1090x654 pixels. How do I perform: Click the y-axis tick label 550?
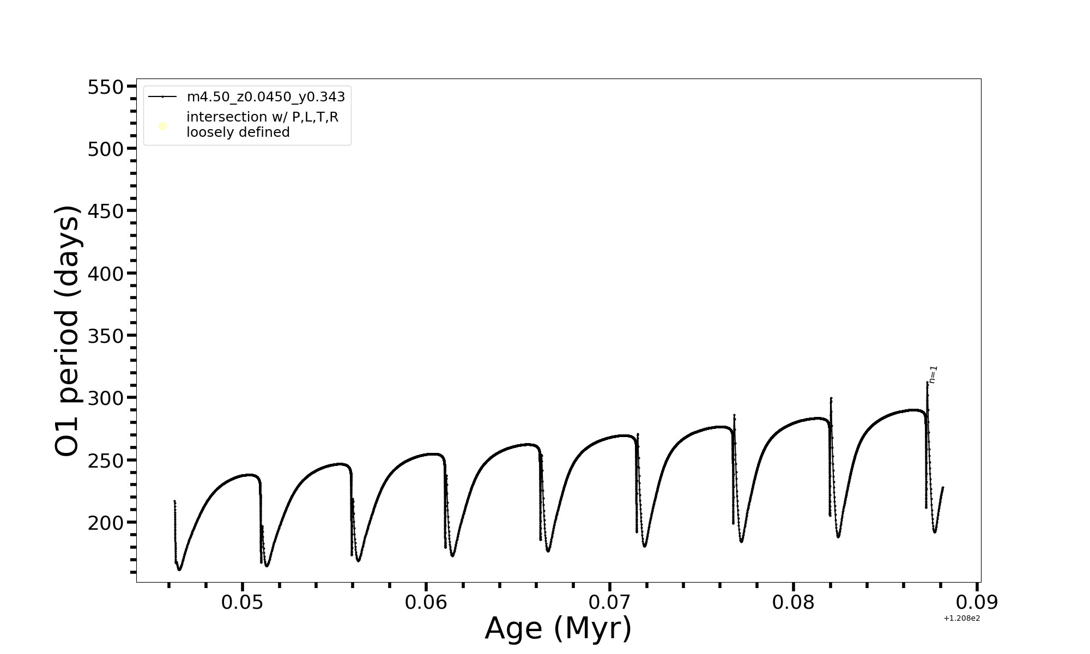(x=106, y=87)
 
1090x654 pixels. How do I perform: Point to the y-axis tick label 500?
(x=106, y=149)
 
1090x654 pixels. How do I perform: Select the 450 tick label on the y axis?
(x=106, y=211)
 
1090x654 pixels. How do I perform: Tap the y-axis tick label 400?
(x=106, y=274)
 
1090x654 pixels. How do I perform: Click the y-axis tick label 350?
(x=106, y=336)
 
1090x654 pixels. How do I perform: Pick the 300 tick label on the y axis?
(x=106, y=398)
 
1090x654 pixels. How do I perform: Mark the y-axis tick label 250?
(x=106, y=461)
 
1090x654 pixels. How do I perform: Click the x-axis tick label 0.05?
(x=242, y=603)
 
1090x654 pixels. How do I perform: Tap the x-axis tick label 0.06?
(x=426, y=603)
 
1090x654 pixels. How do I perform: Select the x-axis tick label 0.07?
(x=609, y=603)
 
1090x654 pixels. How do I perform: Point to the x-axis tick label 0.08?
(x=793, y=603)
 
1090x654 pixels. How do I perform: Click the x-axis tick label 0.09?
(x=977, y=603)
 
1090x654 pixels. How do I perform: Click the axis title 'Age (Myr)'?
(x=558, y=628)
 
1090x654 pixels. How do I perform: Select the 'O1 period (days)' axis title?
(x=68, y=331)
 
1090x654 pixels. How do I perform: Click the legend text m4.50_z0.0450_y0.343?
(x=266, y=97)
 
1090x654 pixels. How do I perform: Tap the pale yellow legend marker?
(x=162, y=126)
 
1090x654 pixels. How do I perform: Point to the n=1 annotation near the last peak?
(x=934, y=374)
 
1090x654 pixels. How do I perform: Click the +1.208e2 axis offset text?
(x=961, y=618)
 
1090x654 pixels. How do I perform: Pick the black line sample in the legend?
(x=162, y=97)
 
